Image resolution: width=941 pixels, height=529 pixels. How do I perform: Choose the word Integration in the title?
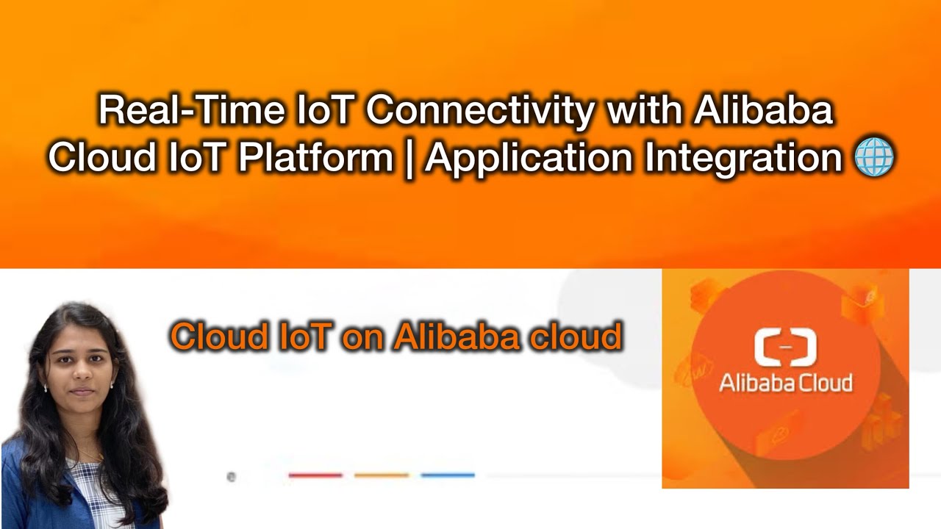click(x=743, y=158)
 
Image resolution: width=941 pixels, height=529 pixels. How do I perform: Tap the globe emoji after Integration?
click(x=875, y=157)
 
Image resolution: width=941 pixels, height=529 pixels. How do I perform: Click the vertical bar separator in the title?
click(x=409, y=159)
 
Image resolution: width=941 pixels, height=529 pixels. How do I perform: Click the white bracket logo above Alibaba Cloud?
click(x=785, y=348)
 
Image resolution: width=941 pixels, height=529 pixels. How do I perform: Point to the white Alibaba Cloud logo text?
click(x=785, y=383)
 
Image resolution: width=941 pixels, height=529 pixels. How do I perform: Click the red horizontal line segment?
click(x=315, y=475)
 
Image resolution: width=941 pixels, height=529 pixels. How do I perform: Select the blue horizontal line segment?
click(x=448, y=475)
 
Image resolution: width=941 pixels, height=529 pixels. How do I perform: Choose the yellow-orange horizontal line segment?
click(x=381, y=475)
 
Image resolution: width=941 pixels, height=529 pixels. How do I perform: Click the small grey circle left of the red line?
click(x=231, y=477)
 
